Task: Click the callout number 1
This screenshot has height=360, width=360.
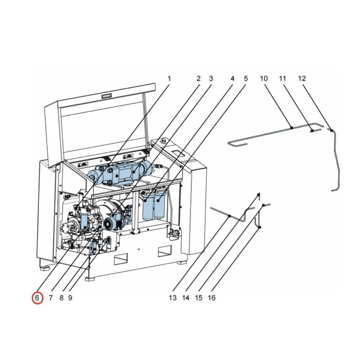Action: tap(169, 78)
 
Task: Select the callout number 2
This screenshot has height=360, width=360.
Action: tap(199, 78)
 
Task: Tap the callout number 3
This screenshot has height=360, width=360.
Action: tap(211, 78)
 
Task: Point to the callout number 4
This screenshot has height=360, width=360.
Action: tap(232, 78)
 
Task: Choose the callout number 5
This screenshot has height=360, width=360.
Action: tap(245, 78)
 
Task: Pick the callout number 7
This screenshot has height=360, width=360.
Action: tap(50, 298)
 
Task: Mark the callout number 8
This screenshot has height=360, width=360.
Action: tap(61, 298)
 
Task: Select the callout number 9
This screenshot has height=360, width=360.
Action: tap(70, 298)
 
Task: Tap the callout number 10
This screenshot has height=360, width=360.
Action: tap(264, 78)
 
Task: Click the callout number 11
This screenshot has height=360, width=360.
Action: tap(283, 78)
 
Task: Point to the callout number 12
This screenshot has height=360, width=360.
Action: tap(302, 78)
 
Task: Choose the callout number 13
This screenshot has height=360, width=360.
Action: tap(172, 298)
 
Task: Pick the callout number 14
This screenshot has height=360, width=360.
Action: tap(186, 298)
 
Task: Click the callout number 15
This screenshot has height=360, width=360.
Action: tap(199, 298)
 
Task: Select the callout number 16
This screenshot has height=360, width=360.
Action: tap(212, 298)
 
